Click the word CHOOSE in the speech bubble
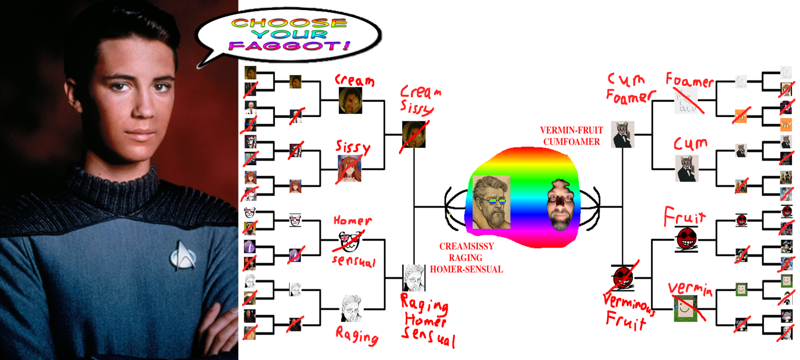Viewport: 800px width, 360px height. pyautogui.click(x=289, y=23)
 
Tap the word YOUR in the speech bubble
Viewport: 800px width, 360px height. pyautogui.click(x=289, y=34)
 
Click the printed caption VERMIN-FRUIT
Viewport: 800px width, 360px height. pyautogui.click(x=571, y=130)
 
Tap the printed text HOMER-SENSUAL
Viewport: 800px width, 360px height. pyautogui.click(x=466, y=269)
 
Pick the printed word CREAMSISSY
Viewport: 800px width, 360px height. pyautogui.click(x=467, y=246)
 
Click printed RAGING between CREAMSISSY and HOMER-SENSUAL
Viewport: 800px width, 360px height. pyautogui.click(x=465, y=258)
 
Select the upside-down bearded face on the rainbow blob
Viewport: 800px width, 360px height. pyautogui.click(x=560, y=205)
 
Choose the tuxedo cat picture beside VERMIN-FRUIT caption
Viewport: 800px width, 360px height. pyautogui.click(x=622, y=134)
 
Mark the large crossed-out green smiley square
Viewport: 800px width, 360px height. pyautogui.click(x=686, y=309)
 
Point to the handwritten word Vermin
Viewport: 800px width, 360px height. pyautogui.click(x=690, y=289)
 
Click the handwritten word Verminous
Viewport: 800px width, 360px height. pyautogui.click(x=628, y=303)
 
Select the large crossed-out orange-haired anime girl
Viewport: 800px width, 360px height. pyautogui.click(x=349, y=168)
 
